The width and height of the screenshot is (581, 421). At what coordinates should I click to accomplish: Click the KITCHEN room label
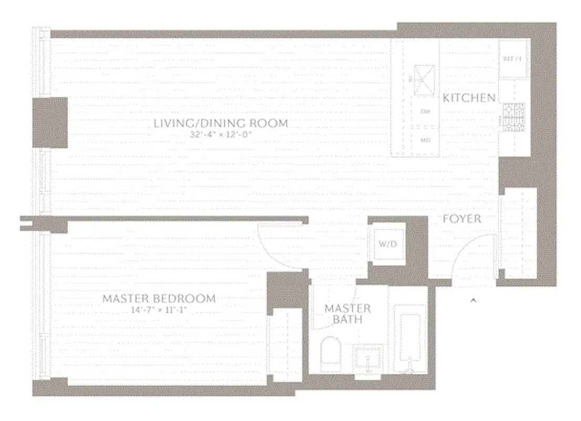pyautogui.click(x=469, y=97)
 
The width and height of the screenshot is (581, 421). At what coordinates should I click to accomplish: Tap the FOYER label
pyautogui.click(x=462, y=218)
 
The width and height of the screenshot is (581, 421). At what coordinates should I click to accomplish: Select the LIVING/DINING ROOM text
pyautogui.click(x=221, y=124)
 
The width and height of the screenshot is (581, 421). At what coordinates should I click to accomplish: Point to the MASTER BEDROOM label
pyautogui.click(x=159, y=298)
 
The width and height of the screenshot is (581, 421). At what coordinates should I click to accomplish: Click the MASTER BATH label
pyautogui.click(x=348, y=314)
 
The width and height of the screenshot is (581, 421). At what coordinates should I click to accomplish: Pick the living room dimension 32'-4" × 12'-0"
pyautogui.click(x=221, y=135)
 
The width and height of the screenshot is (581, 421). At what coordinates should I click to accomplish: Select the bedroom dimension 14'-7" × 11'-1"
pyautogui.click(x=159, y=310)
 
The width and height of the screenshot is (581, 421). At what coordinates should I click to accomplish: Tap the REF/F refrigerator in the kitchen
pyautogui.click(x=513, y=59)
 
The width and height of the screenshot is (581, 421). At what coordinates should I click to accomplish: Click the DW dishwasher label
pyautogui.click(x=425, y=112)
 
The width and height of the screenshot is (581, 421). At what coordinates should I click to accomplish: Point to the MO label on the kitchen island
pyautogui.click(x=425, y=141)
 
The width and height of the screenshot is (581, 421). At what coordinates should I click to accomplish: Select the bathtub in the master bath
pyautogui.click(x=412, y=342)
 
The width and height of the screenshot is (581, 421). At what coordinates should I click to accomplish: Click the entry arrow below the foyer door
pyautogui.click(x=473, y=300)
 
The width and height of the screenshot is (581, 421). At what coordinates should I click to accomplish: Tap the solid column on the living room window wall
pyautogui.click(x=50, y=123)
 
